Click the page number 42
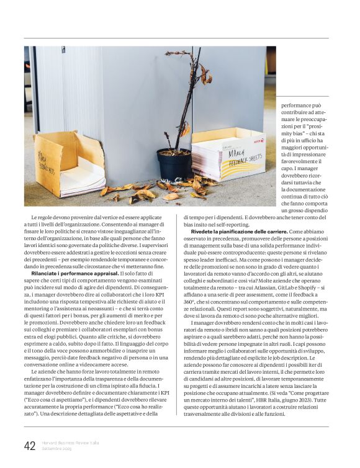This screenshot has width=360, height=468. point(30,446)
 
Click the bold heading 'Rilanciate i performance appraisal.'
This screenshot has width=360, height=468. point(74,273)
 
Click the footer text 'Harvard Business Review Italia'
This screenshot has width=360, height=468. point(70,443)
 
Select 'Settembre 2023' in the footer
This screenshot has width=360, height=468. point(57,449)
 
